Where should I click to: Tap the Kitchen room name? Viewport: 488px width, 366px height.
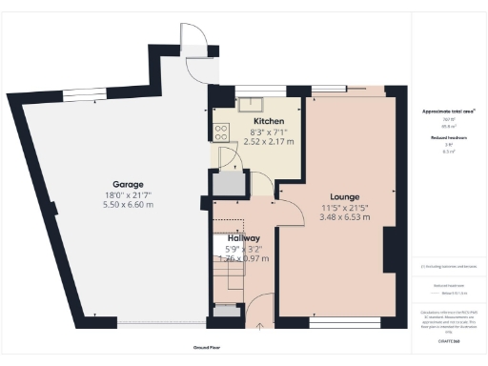click(242, 122)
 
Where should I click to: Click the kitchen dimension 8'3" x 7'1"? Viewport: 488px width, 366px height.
click(242, 132)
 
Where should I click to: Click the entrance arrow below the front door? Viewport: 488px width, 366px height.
click(261, 326)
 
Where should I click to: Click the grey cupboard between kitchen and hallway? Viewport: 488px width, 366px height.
click(229, 185)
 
